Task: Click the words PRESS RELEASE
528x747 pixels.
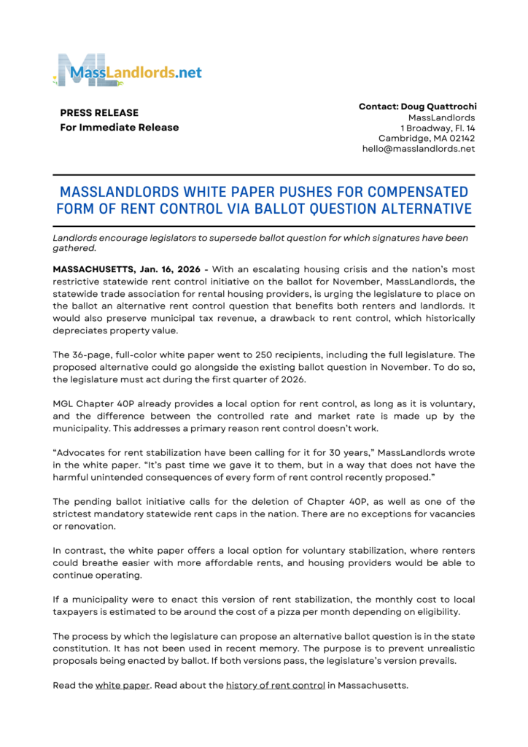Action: (99, 113)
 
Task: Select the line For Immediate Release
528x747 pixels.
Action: (119, 128)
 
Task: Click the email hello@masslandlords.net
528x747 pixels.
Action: (419, 149)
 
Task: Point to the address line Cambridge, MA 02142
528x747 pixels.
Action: (427, 138)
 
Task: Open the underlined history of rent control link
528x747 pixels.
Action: (275, 686)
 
